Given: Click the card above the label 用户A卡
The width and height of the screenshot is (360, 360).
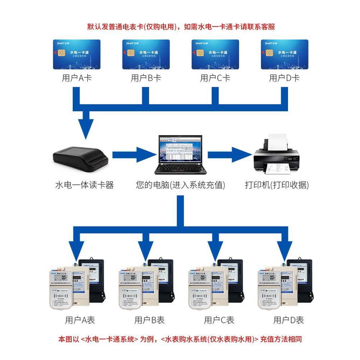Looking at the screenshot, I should tap(76, 54).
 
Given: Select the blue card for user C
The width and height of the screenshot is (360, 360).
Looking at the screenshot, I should tap(215, 54).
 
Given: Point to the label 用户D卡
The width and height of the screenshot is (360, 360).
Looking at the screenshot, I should tap(284, 78).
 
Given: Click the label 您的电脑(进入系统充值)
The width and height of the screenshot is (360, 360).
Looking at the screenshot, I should tap(180, 185).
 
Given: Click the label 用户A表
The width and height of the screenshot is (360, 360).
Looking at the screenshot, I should tap(80, 320).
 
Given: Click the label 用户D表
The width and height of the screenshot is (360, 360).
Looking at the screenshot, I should tap(288, 320).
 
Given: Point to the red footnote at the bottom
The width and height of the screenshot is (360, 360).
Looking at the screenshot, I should tap(180, 339).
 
